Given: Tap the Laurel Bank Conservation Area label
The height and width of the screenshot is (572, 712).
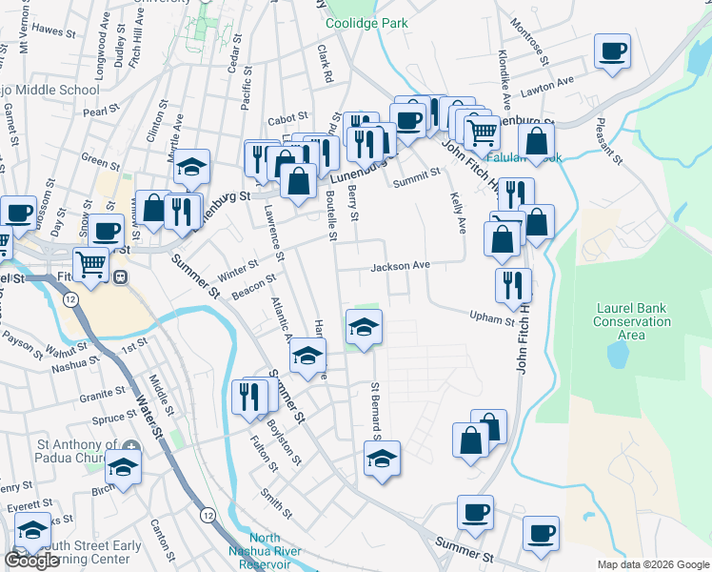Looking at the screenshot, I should pos(632,321).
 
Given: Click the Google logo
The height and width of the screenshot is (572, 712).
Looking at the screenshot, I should pos(32,561).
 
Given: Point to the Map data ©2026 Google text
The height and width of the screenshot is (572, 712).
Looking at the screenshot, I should pos(653,564).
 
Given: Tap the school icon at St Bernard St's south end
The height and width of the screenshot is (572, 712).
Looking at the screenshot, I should pos(382,458).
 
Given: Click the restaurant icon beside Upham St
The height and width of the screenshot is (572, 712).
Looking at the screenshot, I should pos(513,284).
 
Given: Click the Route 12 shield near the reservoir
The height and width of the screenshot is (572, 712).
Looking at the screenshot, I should pos(208,515).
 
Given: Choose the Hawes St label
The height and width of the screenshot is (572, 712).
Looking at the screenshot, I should pos(54,31).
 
